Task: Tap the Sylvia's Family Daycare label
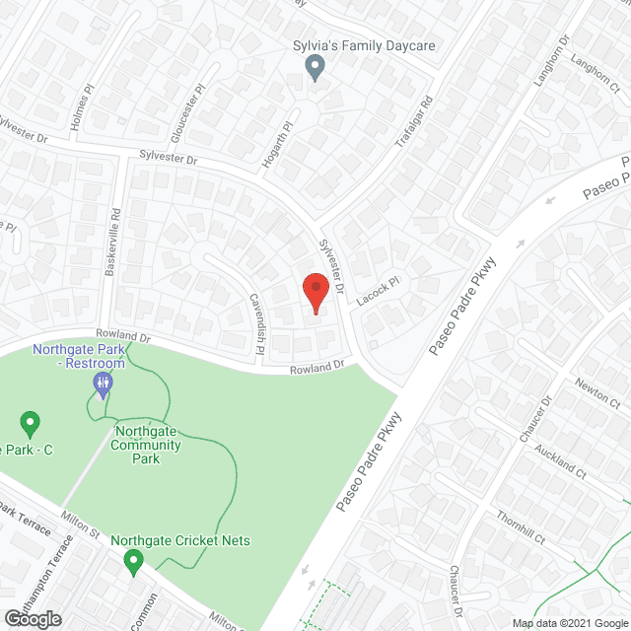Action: [364, 46]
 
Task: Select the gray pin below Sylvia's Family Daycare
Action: [315, 68]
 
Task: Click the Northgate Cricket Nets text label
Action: [180, 540]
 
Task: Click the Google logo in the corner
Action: [31, 619]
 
